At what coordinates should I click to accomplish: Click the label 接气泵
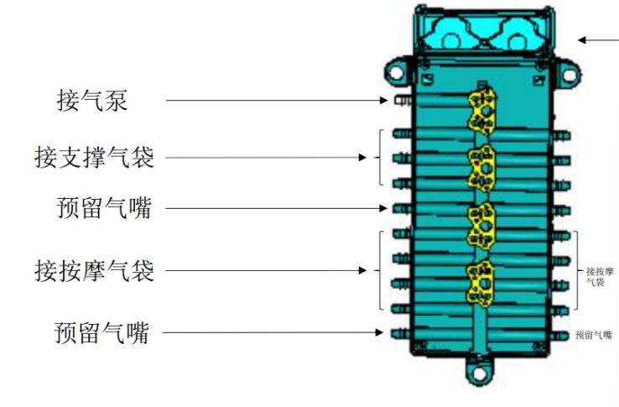click(92, 101)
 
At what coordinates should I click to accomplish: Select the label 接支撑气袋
click(94, 157)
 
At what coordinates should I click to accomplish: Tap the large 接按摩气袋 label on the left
click(94, 271)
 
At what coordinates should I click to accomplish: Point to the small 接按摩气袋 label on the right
click(600, 277)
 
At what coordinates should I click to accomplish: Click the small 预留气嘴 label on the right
click(594, 335)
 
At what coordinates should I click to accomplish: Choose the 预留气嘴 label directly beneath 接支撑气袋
click(104, 208)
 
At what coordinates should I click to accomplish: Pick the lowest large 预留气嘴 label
click(101, 332)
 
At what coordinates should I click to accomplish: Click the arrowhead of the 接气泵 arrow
click(383, 101)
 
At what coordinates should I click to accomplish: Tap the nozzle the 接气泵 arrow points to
click(403, 101)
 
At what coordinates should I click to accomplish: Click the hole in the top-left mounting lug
click(396, 72)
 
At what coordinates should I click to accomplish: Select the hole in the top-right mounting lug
click(569, 75)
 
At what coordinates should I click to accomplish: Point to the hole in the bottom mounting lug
click(479, 373)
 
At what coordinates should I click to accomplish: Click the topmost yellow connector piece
click(482, 111)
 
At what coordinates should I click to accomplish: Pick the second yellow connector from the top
click(482, 169)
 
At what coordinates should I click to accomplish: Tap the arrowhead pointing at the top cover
click(582, 40)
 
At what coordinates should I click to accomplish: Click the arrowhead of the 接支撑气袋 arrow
click(362, 158)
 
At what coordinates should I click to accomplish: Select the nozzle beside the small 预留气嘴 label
click(559, 335)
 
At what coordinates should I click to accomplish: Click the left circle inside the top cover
click(450, 42)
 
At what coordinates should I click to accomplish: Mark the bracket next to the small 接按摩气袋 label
click(576, 270)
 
